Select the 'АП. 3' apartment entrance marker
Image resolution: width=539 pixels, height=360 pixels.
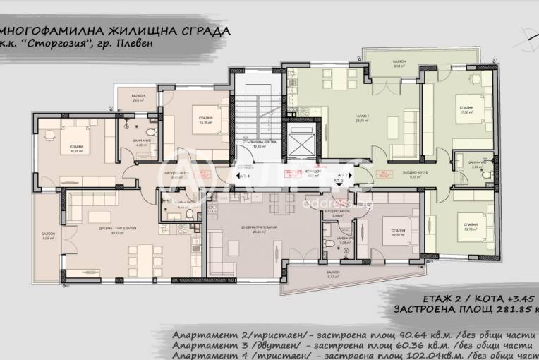point(339,181)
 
